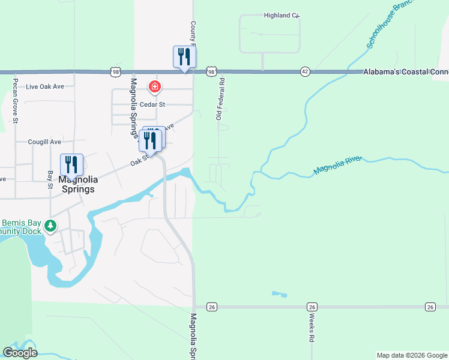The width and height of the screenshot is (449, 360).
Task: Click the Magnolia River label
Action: click(337, 166)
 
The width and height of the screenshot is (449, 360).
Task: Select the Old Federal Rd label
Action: click(220, 98)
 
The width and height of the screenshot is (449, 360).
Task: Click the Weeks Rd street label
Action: click(313, 330)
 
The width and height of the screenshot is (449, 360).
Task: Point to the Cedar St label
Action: click(152, 104)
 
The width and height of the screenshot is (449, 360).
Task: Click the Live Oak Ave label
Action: click(45, 86)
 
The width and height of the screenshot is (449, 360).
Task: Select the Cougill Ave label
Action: click(44, 142)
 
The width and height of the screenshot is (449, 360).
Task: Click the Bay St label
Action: click(50, 179)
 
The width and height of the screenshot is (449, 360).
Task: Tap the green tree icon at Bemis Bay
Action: click(51, 226)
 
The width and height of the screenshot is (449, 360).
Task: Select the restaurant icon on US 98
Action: click(184, 57)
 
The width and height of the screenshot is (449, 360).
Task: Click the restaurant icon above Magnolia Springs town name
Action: click(71, 164)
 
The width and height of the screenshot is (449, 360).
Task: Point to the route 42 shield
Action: click(305, 71)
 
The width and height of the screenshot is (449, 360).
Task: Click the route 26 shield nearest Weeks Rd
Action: click(311, 307)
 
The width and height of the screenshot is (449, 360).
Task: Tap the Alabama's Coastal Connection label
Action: click(405, 71)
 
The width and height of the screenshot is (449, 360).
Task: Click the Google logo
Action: click(20, 353)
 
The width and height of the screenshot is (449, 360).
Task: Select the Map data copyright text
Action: click(412, 355)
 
